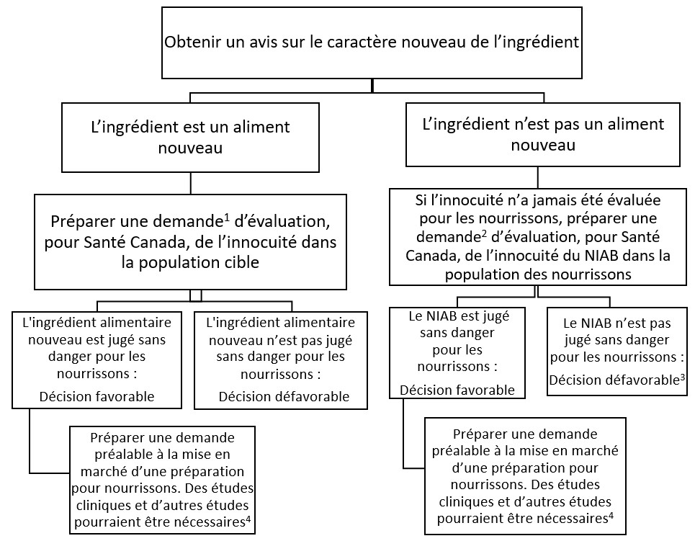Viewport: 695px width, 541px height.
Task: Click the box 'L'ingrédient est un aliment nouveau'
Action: (x=190, y=137)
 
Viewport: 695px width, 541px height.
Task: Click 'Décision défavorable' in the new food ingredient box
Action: (x=284, y=396)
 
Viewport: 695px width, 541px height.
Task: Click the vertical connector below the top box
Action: (x=372, y=86)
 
